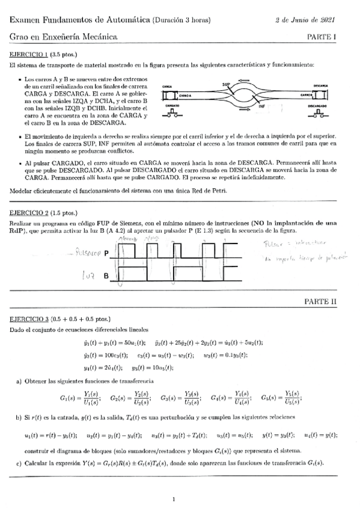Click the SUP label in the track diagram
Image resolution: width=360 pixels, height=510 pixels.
tap(226, 84)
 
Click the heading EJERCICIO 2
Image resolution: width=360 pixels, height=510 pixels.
tap(29, 213)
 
